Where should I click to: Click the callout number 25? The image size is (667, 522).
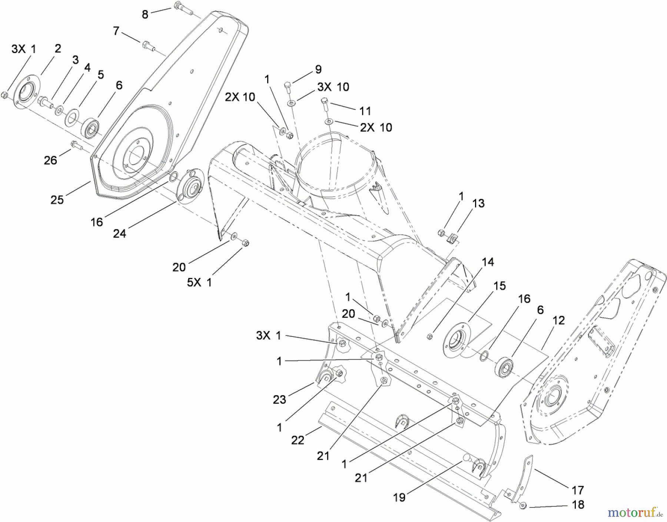click(57, 200)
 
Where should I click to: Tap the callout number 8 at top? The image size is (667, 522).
click(145, 14)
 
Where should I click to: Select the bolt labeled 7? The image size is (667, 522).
click(146, 46)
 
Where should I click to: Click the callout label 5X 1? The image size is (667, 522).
click(199, 282)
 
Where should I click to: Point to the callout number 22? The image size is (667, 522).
click(298, 440)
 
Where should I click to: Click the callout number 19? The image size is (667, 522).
click(399, 498)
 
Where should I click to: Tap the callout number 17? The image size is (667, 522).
click(578, 490)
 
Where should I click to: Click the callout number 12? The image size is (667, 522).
click(558, 320)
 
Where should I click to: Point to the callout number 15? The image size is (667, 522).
click(500, 286)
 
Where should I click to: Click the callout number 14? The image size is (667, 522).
click(488, 262)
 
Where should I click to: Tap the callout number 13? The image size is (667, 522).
click(478, 203)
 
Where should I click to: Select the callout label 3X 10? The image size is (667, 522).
click(333, 87)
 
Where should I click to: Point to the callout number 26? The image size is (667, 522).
click(50, 160)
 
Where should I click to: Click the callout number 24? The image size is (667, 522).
click(119, 233)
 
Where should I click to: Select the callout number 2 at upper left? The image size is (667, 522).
click(57, 48)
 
